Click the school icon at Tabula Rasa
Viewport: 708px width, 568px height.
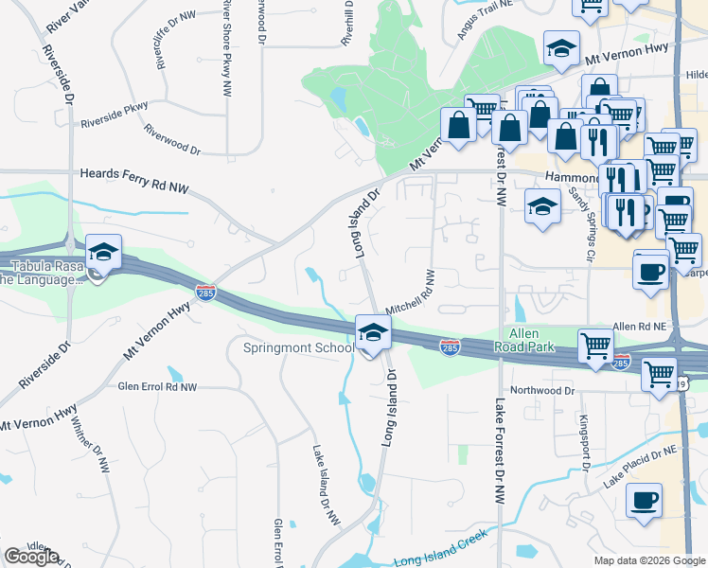click(103, 254)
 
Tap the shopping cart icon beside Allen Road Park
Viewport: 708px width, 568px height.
click(595, 346)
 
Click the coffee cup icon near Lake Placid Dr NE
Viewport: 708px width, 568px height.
click(644, 499)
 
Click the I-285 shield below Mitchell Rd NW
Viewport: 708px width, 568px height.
click(451, 349)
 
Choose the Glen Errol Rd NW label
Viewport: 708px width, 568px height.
click(157, 387)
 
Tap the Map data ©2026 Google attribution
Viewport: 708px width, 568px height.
click(649, 560)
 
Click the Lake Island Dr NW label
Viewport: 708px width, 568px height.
click(325, 482)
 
